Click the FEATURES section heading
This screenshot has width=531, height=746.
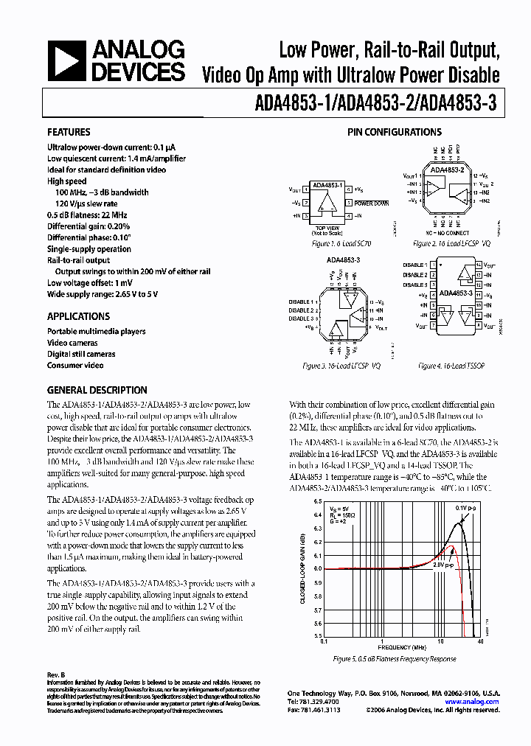click(69, 133)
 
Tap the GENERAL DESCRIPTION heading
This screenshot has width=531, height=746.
click(97, 390)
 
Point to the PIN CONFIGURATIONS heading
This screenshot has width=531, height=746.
click(395, 133)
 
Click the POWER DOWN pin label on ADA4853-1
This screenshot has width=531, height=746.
click(371, 203)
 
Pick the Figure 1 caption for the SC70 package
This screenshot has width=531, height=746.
click(328, 243)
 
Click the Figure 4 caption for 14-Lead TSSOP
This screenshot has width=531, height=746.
click(448, 366)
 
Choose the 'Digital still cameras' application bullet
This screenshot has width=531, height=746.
click(81, 354)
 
